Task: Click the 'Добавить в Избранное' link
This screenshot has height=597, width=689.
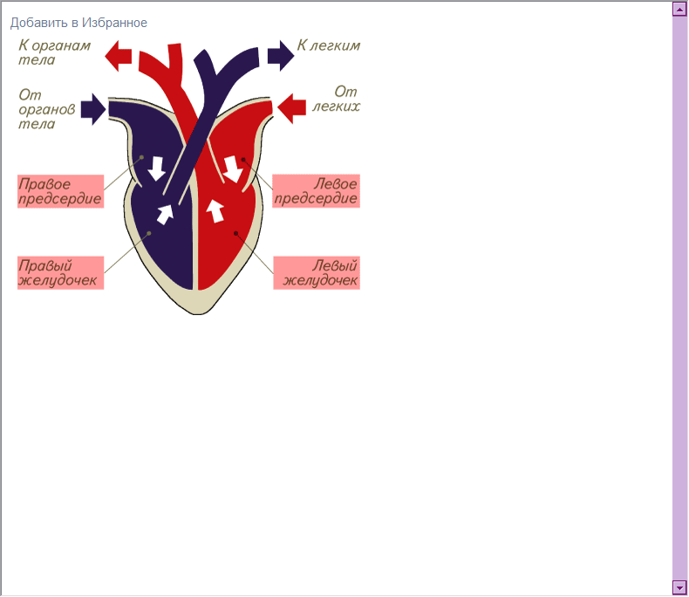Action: (x=78, y=23)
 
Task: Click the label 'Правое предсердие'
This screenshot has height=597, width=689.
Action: (x=61, y=192)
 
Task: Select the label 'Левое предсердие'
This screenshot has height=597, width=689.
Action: (x=317, y=191)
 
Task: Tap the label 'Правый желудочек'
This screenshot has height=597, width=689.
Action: (x=61, y=273)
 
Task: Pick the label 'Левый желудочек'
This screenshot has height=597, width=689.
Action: (x=317, y=273)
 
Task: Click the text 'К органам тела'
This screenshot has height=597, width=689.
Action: (x=54, y=52)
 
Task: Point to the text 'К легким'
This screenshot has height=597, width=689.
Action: (x=329, y=45)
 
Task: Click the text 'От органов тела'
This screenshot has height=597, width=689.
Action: (x=46, y=109)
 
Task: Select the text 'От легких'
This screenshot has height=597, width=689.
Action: (x=336, y=99)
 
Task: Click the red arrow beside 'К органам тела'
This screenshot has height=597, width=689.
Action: (x=119, y=56)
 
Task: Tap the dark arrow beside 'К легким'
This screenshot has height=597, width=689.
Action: (x=281, y=55)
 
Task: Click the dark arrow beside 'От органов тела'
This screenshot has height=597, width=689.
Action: (x=93, y=109)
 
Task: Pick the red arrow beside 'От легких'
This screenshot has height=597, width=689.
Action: (x=292, y=108)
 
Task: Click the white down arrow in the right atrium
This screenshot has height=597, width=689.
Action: (x=156, y=168)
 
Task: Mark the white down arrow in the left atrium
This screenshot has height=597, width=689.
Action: (x=233, y=168)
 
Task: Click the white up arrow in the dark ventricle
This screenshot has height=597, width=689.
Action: (x=165, y=215)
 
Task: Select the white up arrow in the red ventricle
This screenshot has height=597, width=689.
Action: (x=215, y=211)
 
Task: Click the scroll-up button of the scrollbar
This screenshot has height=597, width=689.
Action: (x=679, y=9)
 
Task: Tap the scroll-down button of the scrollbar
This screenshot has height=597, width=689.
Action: (x=679, y=587)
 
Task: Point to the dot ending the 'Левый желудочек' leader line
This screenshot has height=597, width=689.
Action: (x=236, y=233)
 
